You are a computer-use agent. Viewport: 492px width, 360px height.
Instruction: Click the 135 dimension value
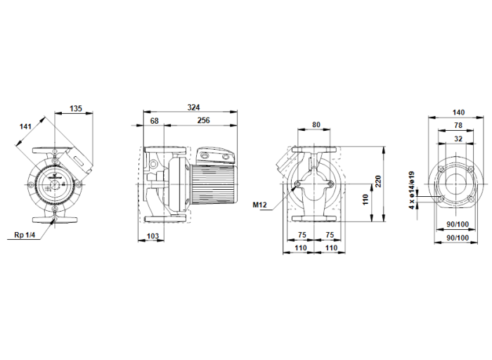[76, 109]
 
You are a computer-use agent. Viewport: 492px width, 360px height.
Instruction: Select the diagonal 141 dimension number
[26, 127]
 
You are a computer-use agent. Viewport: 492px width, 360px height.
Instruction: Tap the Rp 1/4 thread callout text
[25, 235]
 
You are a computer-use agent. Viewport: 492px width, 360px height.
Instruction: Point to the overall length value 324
[194, 107]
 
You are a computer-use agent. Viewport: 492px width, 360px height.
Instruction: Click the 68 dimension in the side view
[155, 121]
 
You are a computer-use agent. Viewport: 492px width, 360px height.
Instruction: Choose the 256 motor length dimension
[203, 121]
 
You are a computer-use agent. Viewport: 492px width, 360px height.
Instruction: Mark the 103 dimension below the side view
[153, 236]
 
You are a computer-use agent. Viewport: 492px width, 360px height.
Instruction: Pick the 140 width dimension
[458, 112]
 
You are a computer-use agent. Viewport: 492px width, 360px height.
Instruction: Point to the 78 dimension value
[458, 125]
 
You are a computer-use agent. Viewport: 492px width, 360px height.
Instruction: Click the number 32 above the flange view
[458, 139]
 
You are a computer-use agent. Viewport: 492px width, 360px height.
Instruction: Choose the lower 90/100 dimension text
[458, 239]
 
